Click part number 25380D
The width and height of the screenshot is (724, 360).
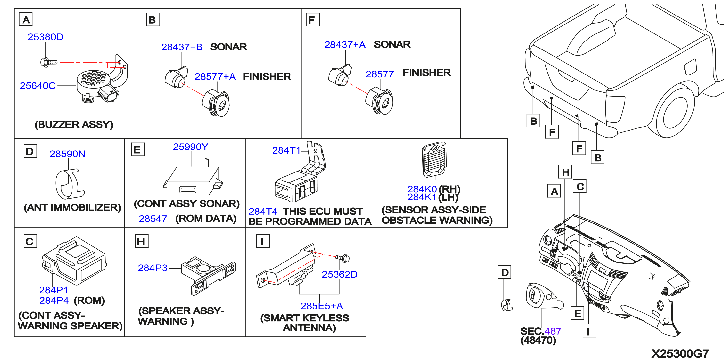[x=45, y=37]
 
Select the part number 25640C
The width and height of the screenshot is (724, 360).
[x=38, y=85]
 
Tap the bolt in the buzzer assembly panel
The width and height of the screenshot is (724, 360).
[x=49, y=62]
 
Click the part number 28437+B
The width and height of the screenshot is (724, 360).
[x=182, y=47]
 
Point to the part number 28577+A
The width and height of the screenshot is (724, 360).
[x=215, y=76]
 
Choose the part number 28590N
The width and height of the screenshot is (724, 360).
[x=67, y=154]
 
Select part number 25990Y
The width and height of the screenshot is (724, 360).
[x=191, y=147]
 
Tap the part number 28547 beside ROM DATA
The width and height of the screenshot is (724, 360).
[x=153, y=219]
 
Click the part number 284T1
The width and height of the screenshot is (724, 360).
[x=286, y=150]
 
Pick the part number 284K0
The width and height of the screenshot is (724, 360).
[x=422, y=189]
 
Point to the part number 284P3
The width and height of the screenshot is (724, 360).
[x=152, y=268]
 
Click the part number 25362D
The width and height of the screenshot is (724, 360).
[x=339, y=274]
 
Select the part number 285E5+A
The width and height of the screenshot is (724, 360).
[x=322, y=306]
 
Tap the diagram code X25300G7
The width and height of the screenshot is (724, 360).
[x=680, y=353]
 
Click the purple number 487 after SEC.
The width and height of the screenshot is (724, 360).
[x=553, y=331]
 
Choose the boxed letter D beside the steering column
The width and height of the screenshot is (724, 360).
[x=504, y=272]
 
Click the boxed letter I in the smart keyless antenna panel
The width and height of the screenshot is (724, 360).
[x=263, y=241]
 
